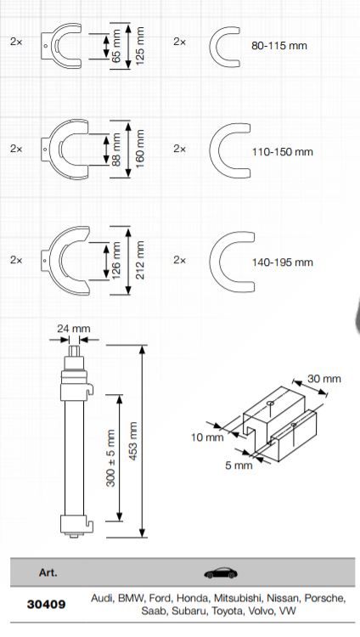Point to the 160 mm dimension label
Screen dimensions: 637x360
click(x=141, y=149)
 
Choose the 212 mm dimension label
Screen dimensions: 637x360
click(x=141, y=259)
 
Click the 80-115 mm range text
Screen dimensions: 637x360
click(x=279, y=43)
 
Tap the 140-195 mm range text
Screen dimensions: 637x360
click(x=283, y=262)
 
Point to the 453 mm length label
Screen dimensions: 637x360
click(x=131, y=437)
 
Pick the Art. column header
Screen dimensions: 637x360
click(x=48, y=572)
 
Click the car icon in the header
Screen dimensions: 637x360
click(x=222, y=572)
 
